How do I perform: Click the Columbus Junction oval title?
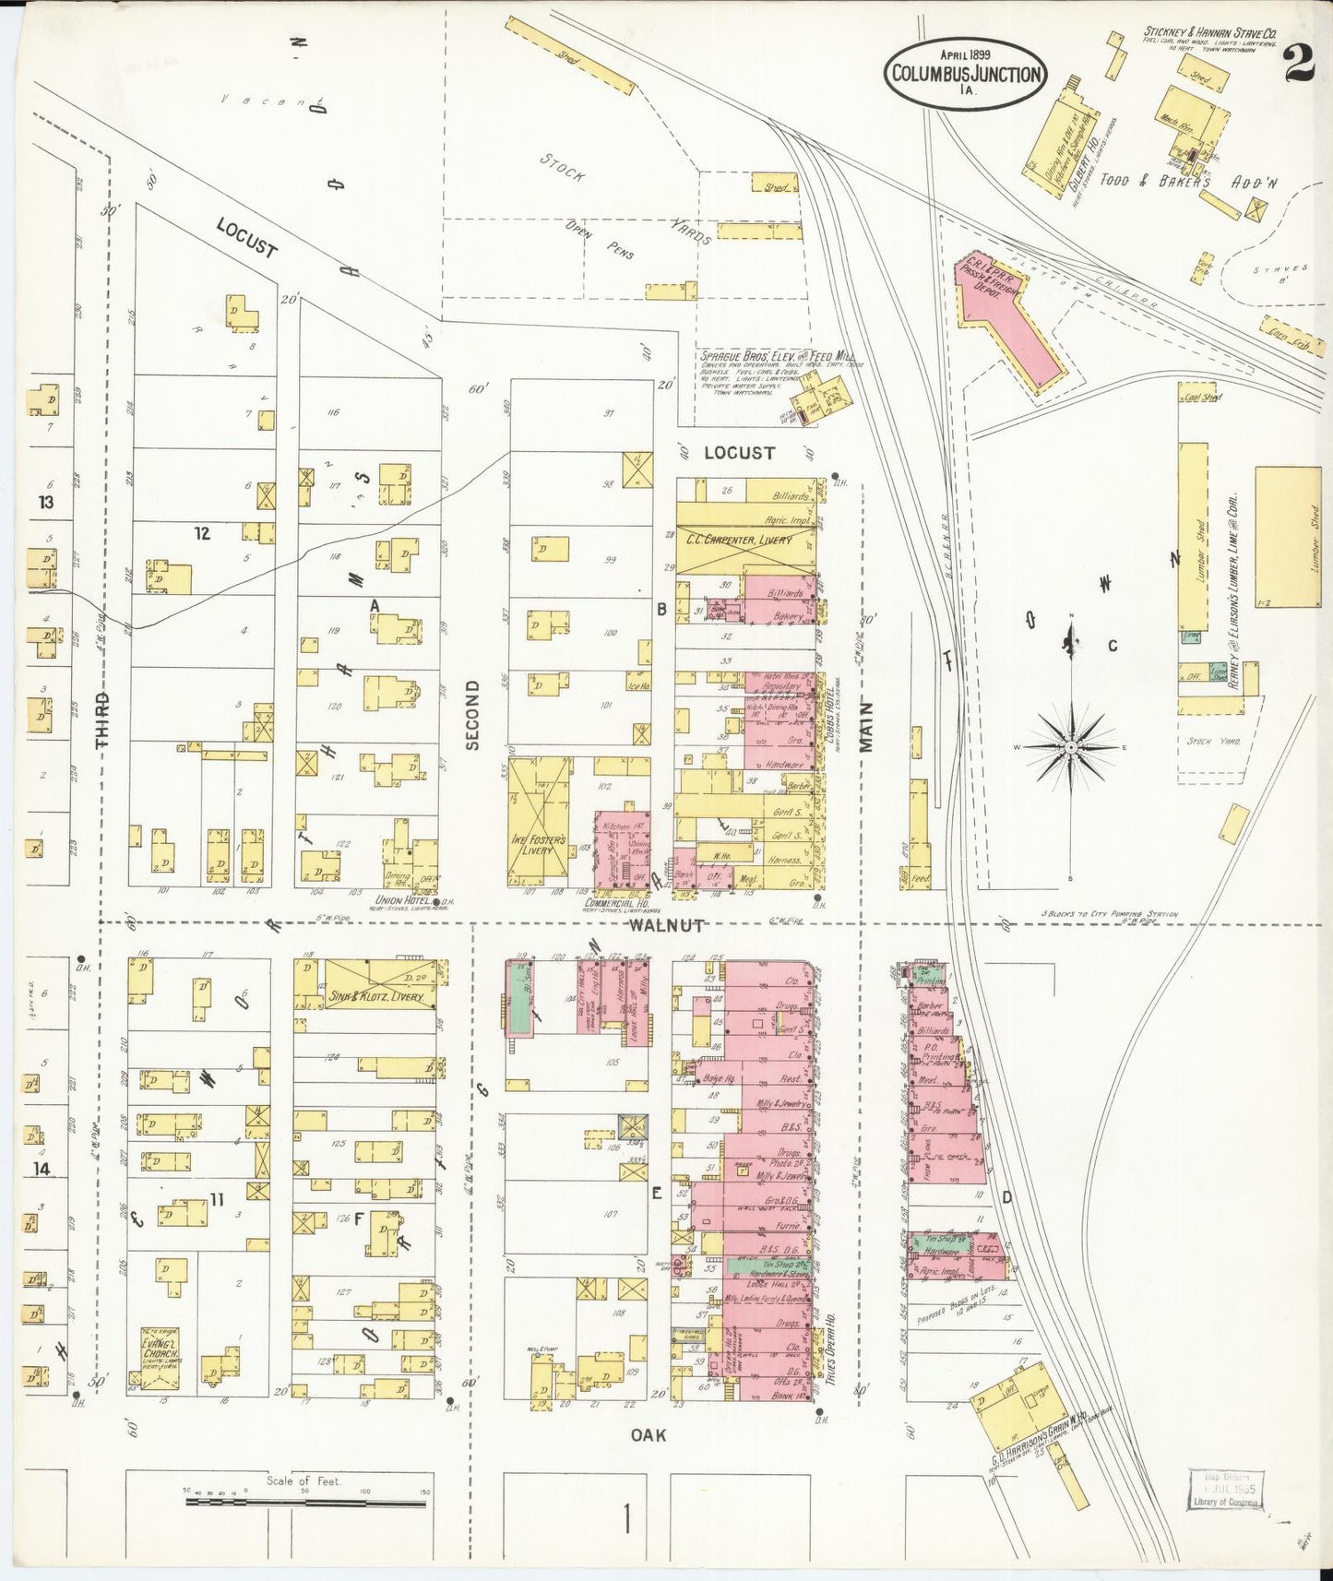coord(966,74)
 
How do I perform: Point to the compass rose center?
coord(1070,745)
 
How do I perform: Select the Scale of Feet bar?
coord(305,1502)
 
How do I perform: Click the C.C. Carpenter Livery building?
coord(745,540)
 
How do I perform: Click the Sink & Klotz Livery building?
coord(379,986)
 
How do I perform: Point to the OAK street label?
coord(648,1434)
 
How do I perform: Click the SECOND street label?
coord(472,715)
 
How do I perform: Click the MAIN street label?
coord(867,729)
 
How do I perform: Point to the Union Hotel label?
coord(403,899)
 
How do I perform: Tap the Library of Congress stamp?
coord(1223,1491)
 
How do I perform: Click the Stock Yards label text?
coord(627,198)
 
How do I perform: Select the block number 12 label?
coord(202,533)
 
